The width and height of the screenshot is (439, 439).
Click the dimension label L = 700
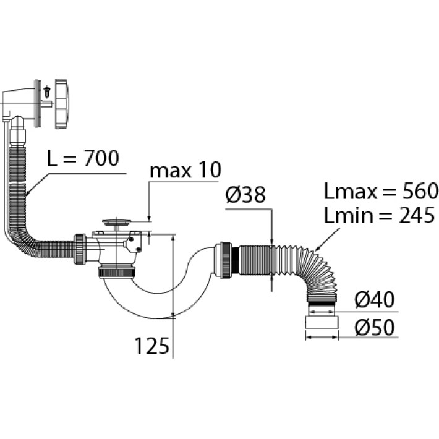coord(83,158)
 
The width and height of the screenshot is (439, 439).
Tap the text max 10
coord(185,170)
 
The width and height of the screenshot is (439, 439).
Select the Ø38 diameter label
coord(245,195)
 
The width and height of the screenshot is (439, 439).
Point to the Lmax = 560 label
coord(381,191)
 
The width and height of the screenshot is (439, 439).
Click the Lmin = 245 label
coord(380,215)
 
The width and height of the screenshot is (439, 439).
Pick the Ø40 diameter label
coord(375,299)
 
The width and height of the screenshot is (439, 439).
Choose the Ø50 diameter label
coord(375,327)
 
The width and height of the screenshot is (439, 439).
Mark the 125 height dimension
coord(152,346)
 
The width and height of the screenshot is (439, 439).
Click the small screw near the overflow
coord(48,92)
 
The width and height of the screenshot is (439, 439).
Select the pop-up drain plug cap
coord(116,223)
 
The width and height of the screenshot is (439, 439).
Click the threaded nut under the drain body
coord(117,273)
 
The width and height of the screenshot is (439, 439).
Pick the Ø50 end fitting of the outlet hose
coord(322,322)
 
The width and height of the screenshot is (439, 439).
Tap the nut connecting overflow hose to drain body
coord(80,249)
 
